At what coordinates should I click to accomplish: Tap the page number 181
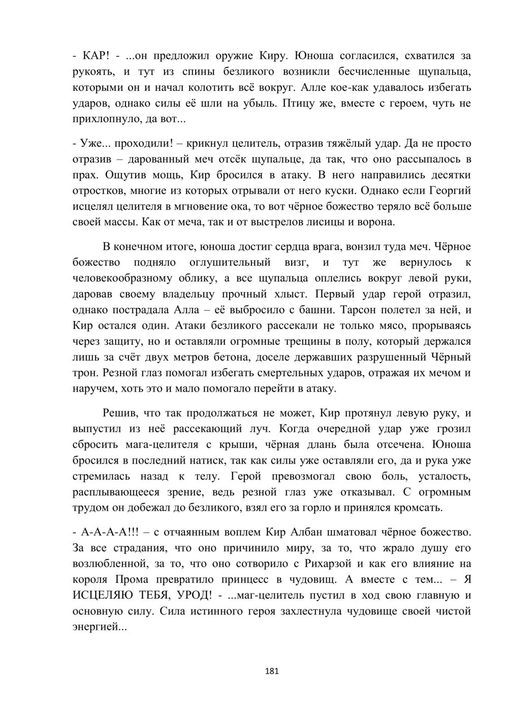[272, 671]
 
